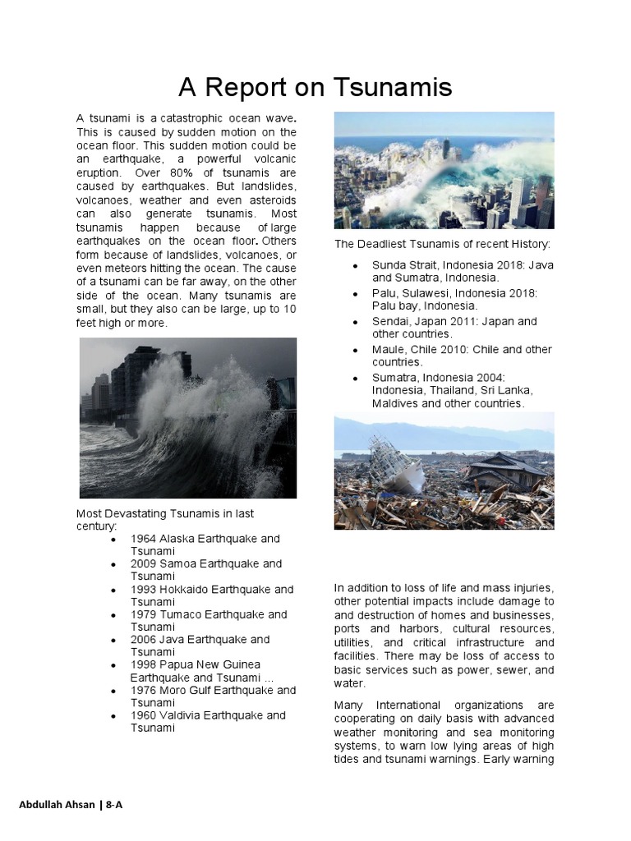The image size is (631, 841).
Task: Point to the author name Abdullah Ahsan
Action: [57, 804]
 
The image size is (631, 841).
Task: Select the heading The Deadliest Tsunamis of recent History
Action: [442, 244]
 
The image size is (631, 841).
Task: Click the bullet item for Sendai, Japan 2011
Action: [454, 328]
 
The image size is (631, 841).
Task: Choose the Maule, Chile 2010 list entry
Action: [461, 356]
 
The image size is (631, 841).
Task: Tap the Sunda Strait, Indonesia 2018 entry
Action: [461, 271]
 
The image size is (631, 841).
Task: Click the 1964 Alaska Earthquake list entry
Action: [205, 545]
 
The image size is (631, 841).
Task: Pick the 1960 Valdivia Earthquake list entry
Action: [208, 721]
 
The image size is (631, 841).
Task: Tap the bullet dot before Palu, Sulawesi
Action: [354, 294]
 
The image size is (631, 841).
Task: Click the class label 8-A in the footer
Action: [113, 804]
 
